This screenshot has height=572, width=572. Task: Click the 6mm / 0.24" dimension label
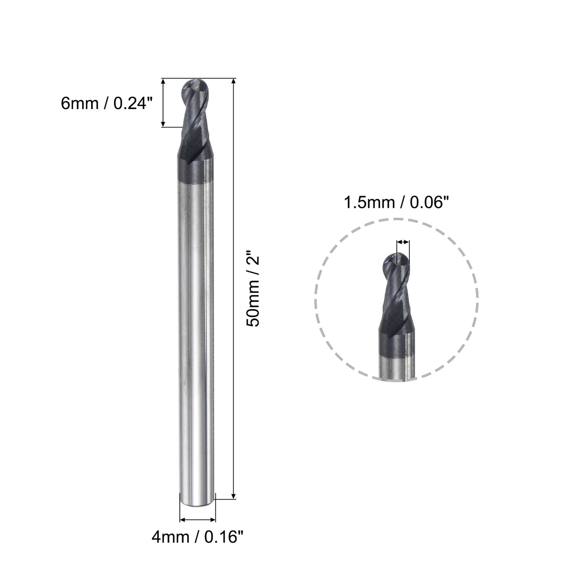[x=107, y=103]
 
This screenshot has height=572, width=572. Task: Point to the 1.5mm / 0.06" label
[x=393, y=203]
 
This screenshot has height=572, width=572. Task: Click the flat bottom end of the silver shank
[x=197, y=505]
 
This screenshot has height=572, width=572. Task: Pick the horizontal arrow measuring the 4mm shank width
[x=197, y=520]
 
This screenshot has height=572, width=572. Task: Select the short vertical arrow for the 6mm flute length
[x=163, y=103]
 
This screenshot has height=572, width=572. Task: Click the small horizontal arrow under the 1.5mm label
[x=403, y=242]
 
